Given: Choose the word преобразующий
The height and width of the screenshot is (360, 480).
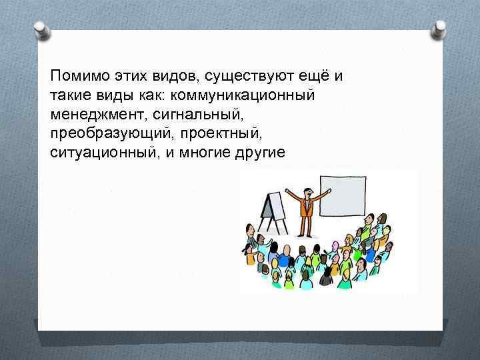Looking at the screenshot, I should [x=101, y=133].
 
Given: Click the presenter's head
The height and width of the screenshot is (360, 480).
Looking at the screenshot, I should [x=307, y=187].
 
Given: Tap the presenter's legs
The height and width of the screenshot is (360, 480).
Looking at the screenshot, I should [x=306, y=225].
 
